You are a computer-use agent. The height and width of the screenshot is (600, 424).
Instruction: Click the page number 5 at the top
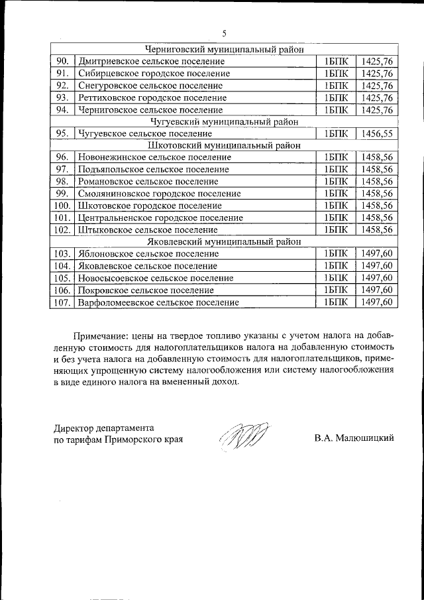(224, 34)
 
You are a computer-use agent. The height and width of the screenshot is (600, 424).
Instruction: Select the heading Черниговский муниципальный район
(224, 49)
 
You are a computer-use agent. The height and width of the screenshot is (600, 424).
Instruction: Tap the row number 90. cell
(63, 62)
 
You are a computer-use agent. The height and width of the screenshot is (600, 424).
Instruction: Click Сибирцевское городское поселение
(153, 74)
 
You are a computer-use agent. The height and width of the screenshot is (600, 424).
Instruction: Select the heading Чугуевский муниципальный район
(224, 122)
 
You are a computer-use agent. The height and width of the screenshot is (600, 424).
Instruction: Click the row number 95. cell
(63, 134)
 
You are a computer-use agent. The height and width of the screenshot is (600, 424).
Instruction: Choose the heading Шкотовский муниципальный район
(224, 146)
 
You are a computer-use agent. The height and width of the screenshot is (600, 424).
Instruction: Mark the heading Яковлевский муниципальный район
(224, 242)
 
